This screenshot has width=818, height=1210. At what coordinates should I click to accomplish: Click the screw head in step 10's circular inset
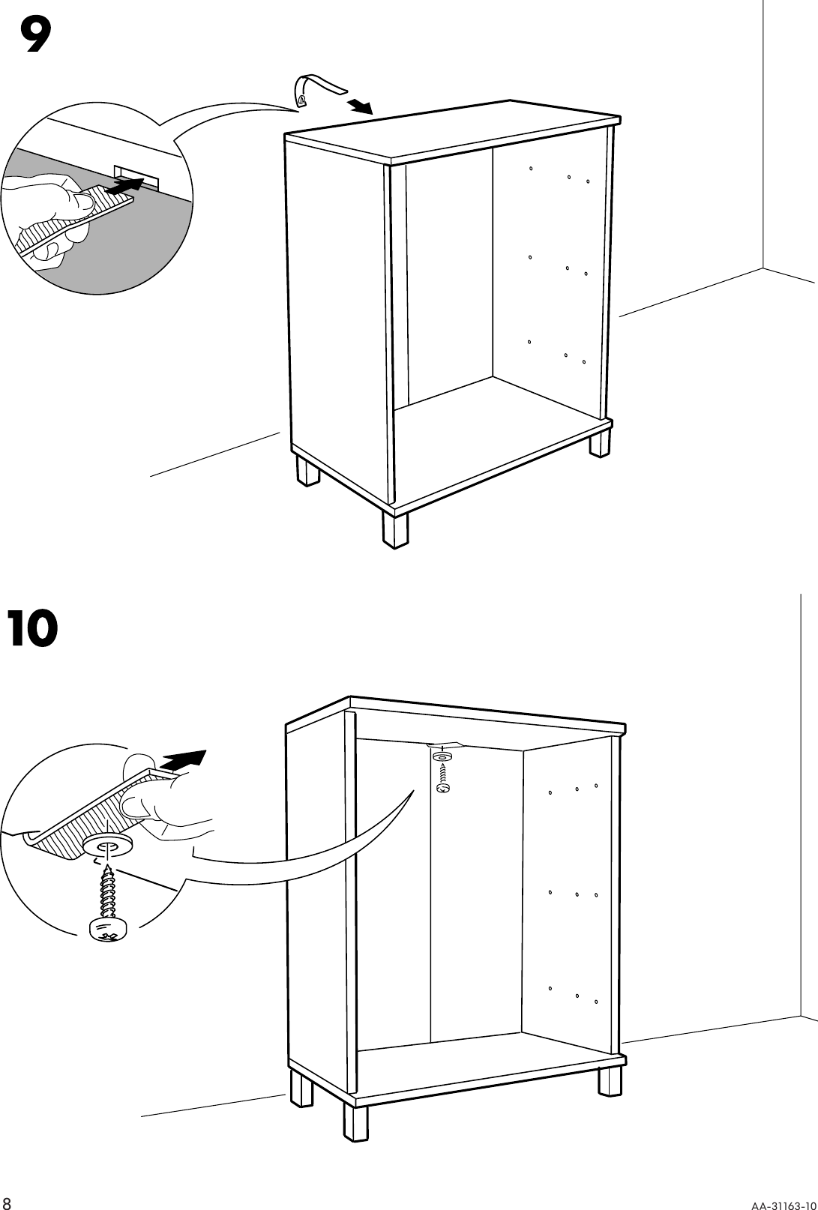point(107,930)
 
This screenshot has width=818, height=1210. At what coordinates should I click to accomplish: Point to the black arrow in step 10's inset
point(183,759)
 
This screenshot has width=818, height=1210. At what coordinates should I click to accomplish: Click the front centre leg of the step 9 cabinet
point(394,529)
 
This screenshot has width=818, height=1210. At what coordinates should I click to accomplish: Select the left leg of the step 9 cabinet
point(307,472)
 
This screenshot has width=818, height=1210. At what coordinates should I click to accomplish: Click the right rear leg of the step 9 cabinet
point(600,442)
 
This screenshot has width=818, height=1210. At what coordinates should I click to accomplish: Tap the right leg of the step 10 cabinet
point(610,1080)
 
